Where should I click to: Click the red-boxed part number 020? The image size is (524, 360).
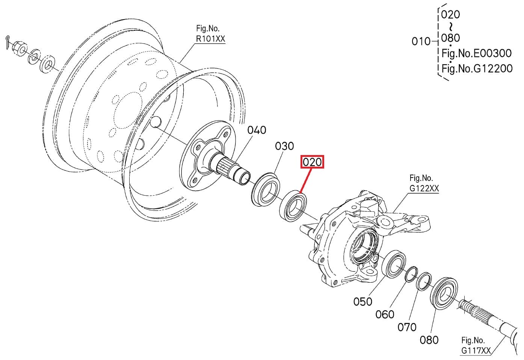tap(312, 162)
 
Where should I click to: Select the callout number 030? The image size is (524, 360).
tap(284, 146)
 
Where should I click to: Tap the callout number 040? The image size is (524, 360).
tap(257, 130)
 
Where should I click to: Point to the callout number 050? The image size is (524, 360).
tap(362, 301)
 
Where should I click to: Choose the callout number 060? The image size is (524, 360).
tap(385, 314)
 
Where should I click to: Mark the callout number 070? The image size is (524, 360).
tap(407, 327)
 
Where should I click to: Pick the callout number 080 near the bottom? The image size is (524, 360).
tap(429, 340)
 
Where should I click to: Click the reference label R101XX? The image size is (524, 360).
tap(210, 38)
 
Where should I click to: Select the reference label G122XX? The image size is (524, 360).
tap(424, 188)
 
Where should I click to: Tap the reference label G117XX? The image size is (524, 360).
tap(476, 351)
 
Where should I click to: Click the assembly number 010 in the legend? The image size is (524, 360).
tap(421, 41)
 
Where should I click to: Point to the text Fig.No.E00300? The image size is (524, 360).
tap(476, 53)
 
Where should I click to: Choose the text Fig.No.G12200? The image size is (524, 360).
tap(477, 69)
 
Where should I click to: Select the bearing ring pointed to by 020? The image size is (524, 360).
tap(293, 206)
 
